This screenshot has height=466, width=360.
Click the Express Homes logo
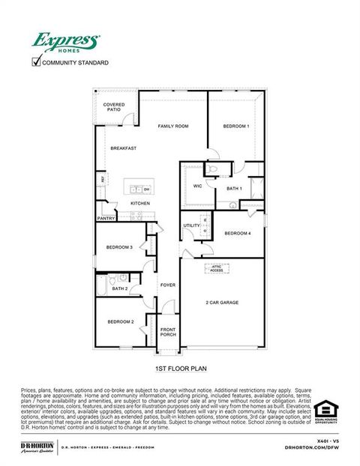65,42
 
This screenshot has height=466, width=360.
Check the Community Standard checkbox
35,62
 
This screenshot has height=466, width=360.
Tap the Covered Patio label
114,107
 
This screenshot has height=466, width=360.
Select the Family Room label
172,127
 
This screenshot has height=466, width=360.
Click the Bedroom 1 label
236,127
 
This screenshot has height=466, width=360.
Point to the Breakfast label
123,148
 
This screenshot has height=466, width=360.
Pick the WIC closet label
197,186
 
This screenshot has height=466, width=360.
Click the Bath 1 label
234,188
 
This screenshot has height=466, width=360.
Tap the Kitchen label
140,203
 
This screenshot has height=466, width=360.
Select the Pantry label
106,219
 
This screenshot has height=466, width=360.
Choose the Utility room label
192,225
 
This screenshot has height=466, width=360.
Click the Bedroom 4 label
237,233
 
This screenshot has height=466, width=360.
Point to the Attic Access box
217,267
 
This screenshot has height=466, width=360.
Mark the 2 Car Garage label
222,302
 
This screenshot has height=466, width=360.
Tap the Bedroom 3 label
119,247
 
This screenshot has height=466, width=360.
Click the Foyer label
167,285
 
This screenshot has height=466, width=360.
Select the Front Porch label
168,333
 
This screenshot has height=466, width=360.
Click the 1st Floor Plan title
180,369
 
